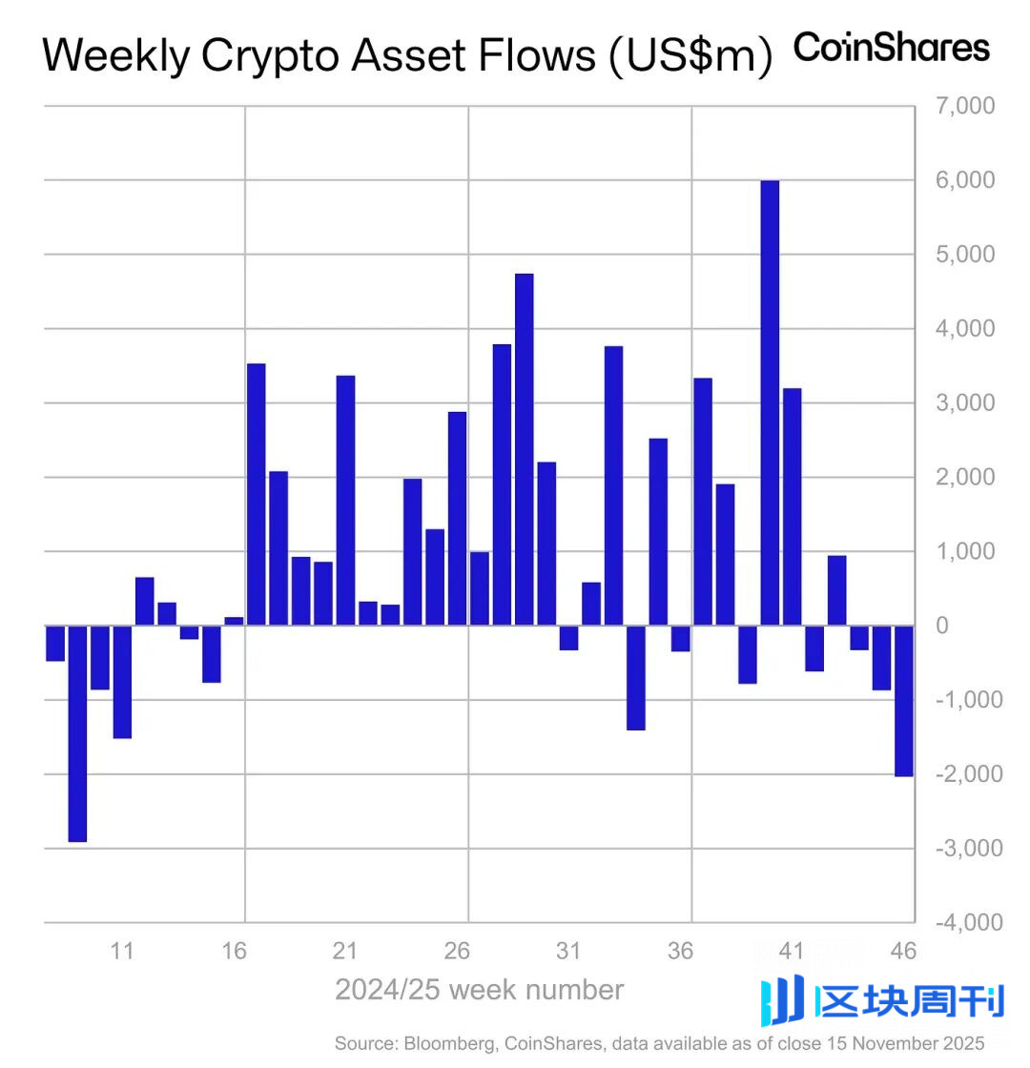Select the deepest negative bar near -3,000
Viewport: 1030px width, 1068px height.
[x=77, y=733]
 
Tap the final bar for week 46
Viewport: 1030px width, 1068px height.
[x=904, y=701]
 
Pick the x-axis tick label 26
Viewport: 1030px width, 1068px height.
[x=457, y=951]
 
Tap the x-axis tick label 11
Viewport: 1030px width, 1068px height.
[x=121, y=951]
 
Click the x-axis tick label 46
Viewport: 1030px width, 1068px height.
[x=903, y=951]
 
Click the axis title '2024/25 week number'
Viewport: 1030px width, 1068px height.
[x=479, y=990]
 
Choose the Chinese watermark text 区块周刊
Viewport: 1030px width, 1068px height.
[x=911, y=1002]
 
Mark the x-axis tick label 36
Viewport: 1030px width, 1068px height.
[x=680, y=951]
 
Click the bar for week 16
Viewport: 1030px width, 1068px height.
[x=234, y=621]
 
